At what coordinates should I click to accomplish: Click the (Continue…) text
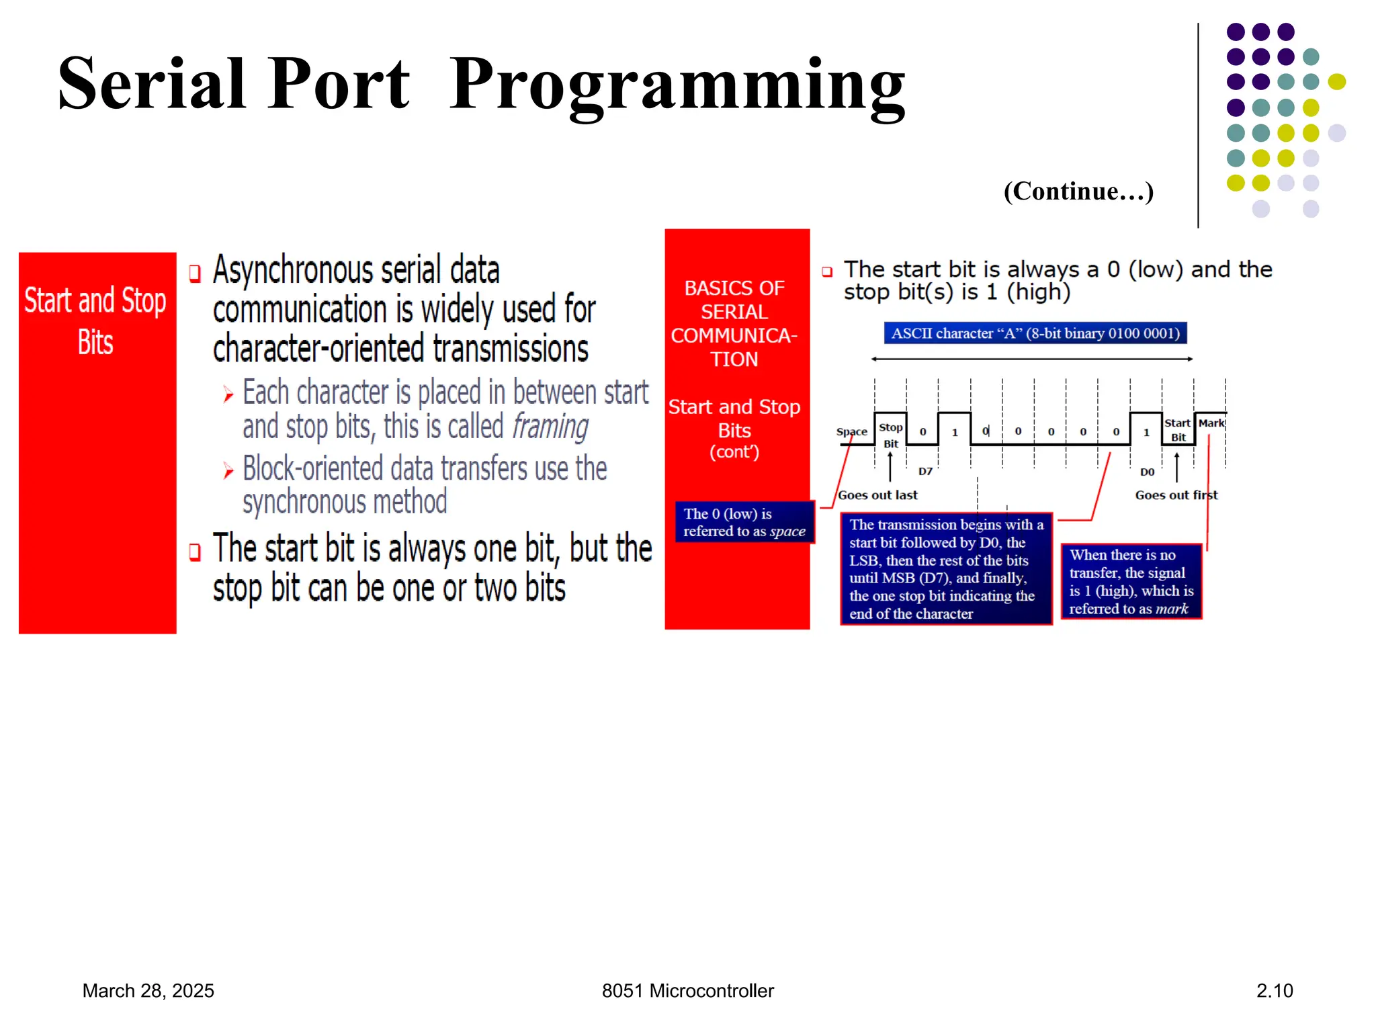pyautogui.click(x=1078, y=191)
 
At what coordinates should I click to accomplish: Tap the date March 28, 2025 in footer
pyautogui.click(x=148, y=990)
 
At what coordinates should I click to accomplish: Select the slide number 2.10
pyautogui.click(x=1274, y=990)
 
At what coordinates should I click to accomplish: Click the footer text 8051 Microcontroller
pyautogui.click(x=687, y=990)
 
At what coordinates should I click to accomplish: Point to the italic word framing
pyautogui.click(x=550, y=427)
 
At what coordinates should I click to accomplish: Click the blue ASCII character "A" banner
pyautogui.click(x=1035, y=333)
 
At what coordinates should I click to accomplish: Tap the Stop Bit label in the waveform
pyautogui.click(x=890, y=435)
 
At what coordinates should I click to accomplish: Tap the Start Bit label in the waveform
pyautogui.click(x=1177, y=430)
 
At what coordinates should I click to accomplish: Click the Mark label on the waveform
pyautogui.click(x=1211, y=423)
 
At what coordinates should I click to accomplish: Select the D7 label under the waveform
pyautogui.click(x=925, y=472)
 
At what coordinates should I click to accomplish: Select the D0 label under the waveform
pyautogui.click(x=1147, y=472)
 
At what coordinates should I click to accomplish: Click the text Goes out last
pyautogui.click(x=877, y=495)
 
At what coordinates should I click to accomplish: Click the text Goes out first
pyautogui.click(x=1176, y=495)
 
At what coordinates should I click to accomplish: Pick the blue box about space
pyautogui.click(x=744, y=522)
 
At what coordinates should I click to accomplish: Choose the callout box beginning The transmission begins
pyautogui.click(x=945, y=568)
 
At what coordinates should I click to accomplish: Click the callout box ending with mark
pyautogui.click(x=1131, y=581)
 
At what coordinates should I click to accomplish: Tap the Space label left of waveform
pyautogui.click(x=851, y=431)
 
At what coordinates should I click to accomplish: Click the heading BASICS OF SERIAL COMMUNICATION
pyautogui.click(x=734, y=324)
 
